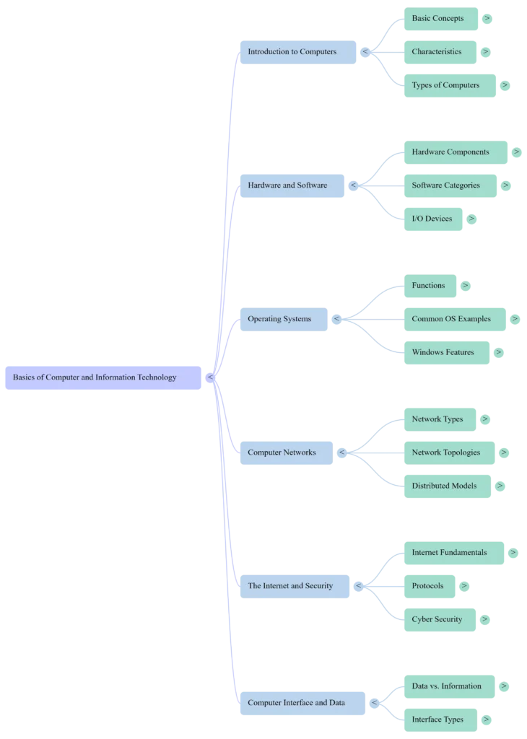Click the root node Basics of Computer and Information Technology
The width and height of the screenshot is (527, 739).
101,377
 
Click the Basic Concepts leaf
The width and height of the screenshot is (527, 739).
439,18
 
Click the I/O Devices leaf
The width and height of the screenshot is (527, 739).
433,219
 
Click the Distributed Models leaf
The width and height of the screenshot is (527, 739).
445,486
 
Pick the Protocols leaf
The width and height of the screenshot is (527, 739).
429,586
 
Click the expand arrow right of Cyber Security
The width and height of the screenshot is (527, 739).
485,619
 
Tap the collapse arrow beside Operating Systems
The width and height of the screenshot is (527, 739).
336,319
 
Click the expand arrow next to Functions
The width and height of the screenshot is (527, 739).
466,286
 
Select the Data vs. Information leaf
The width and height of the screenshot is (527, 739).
448,686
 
